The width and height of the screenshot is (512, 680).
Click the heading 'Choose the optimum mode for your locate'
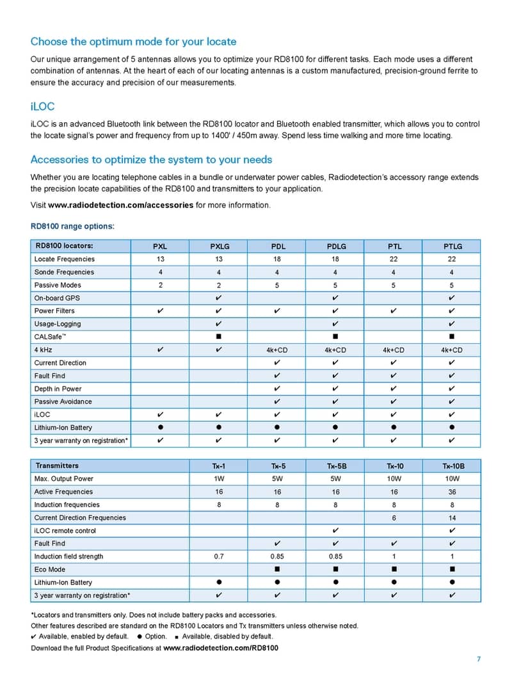[x=133, y=42]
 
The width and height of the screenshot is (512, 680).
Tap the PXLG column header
[x=219, y=246]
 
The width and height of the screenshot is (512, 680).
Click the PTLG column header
[x=452, y=246]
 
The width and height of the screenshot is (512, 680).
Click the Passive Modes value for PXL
[x=159, y=285]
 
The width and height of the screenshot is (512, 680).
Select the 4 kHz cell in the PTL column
[x=394, y=350]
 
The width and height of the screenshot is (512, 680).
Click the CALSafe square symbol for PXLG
[x=219, y=337]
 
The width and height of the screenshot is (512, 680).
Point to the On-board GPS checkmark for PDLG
[x=336, y=298]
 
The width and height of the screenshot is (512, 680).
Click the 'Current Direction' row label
[x=60, y=362]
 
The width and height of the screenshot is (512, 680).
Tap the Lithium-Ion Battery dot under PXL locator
[x=159, y=427]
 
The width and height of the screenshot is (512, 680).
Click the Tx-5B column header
[x=335, y=465]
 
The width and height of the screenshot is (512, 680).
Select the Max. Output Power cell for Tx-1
[x=218, y=478]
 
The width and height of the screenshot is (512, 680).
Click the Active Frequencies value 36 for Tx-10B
[x=452, y=492]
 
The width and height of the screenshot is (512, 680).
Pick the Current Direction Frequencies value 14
[x=452, y=517]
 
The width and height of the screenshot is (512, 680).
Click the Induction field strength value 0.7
[x=218, y=556]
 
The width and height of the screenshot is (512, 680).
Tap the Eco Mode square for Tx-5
[x=277, y=569]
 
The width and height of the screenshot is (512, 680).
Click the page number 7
[x=478, y=660]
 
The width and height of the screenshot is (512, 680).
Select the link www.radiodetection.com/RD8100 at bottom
[x=221, y=648]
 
